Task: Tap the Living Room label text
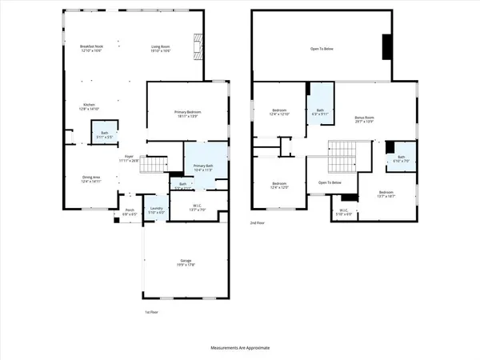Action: (162, 48)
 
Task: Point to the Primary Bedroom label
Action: (187, 113)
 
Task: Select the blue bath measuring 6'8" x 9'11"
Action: (319, 111)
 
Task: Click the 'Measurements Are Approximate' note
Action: (240, 348)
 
